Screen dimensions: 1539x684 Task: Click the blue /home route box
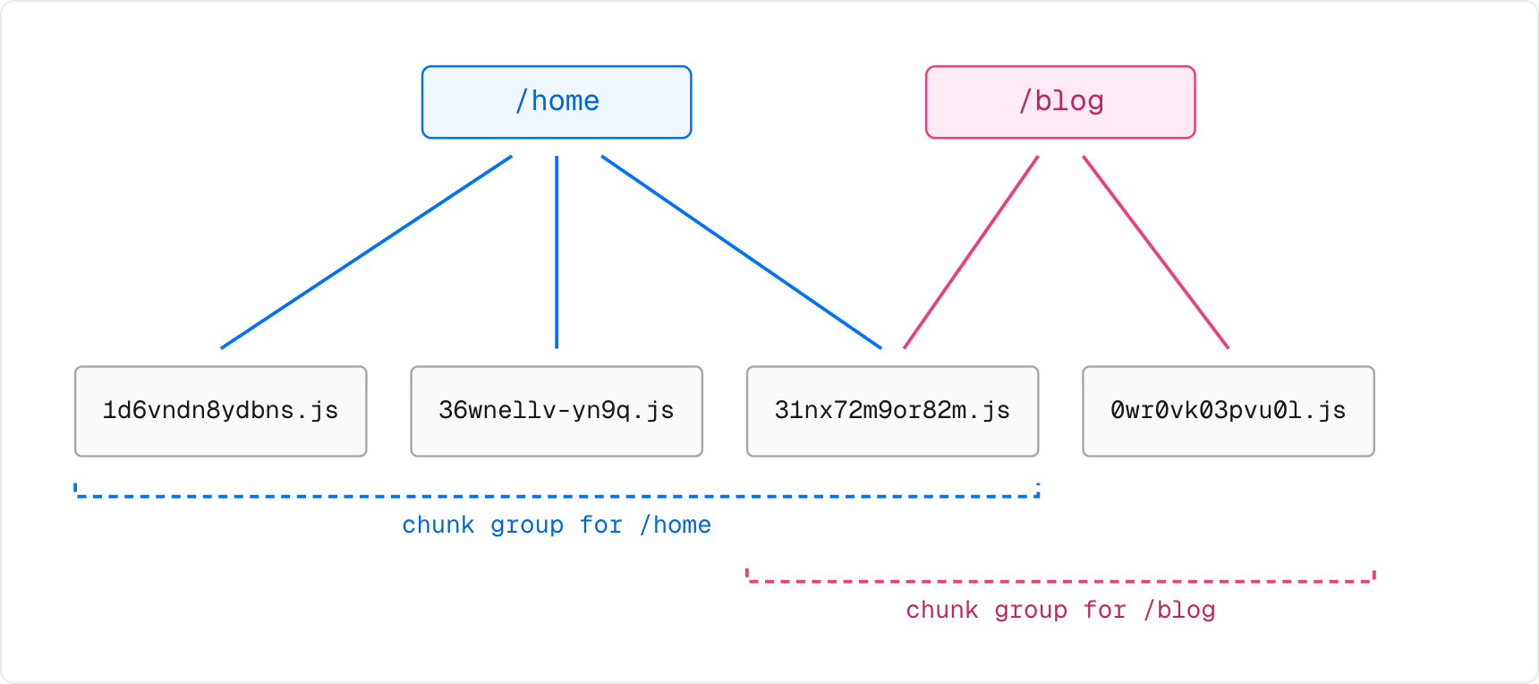click(x=557, y=102)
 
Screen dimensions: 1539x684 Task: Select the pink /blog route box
click(x=1060, y=102)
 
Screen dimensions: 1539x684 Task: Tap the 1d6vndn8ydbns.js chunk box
click(x=221, y=411)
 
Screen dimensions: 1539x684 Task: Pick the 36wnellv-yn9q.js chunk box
click(x=557, y=411)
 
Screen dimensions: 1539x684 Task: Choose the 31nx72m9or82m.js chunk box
click(x=892, y=411)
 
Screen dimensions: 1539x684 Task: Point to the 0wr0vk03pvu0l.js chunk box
click(x=1229, y=411)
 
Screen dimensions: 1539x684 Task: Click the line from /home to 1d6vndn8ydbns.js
click(x=366, y=252)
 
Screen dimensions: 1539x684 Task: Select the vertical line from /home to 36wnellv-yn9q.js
click(x=557, y=252)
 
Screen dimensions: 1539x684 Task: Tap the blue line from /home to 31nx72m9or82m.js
click(x=742, y=252)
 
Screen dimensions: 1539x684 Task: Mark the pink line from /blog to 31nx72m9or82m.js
click(x=971, y=252)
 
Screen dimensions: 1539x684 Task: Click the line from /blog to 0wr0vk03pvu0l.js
click(x=1156, y=252)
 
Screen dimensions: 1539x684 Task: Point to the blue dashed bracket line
click(x=557, y=496)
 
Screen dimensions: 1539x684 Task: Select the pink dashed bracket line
click(x=1060, y=581)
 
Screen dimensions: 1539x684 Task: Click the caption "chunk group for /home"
click(x=557, y=525)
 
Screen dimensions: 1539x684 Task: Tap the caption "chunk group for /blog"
click(x=1060, y=610)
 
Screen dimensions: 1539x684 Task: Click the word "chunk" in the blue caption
click(x=438, y=525)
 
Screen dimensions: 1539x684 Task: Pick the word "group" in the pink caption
click(x=1031, y=611)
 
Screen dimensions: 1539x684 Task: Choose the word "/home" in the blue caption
click(x=676, y=525)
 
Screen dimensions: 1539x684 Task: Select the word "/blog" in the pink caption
click(x=1179, y=610)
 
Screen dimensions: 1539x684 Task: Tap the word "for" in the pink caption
click(x=1105, y=610)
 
